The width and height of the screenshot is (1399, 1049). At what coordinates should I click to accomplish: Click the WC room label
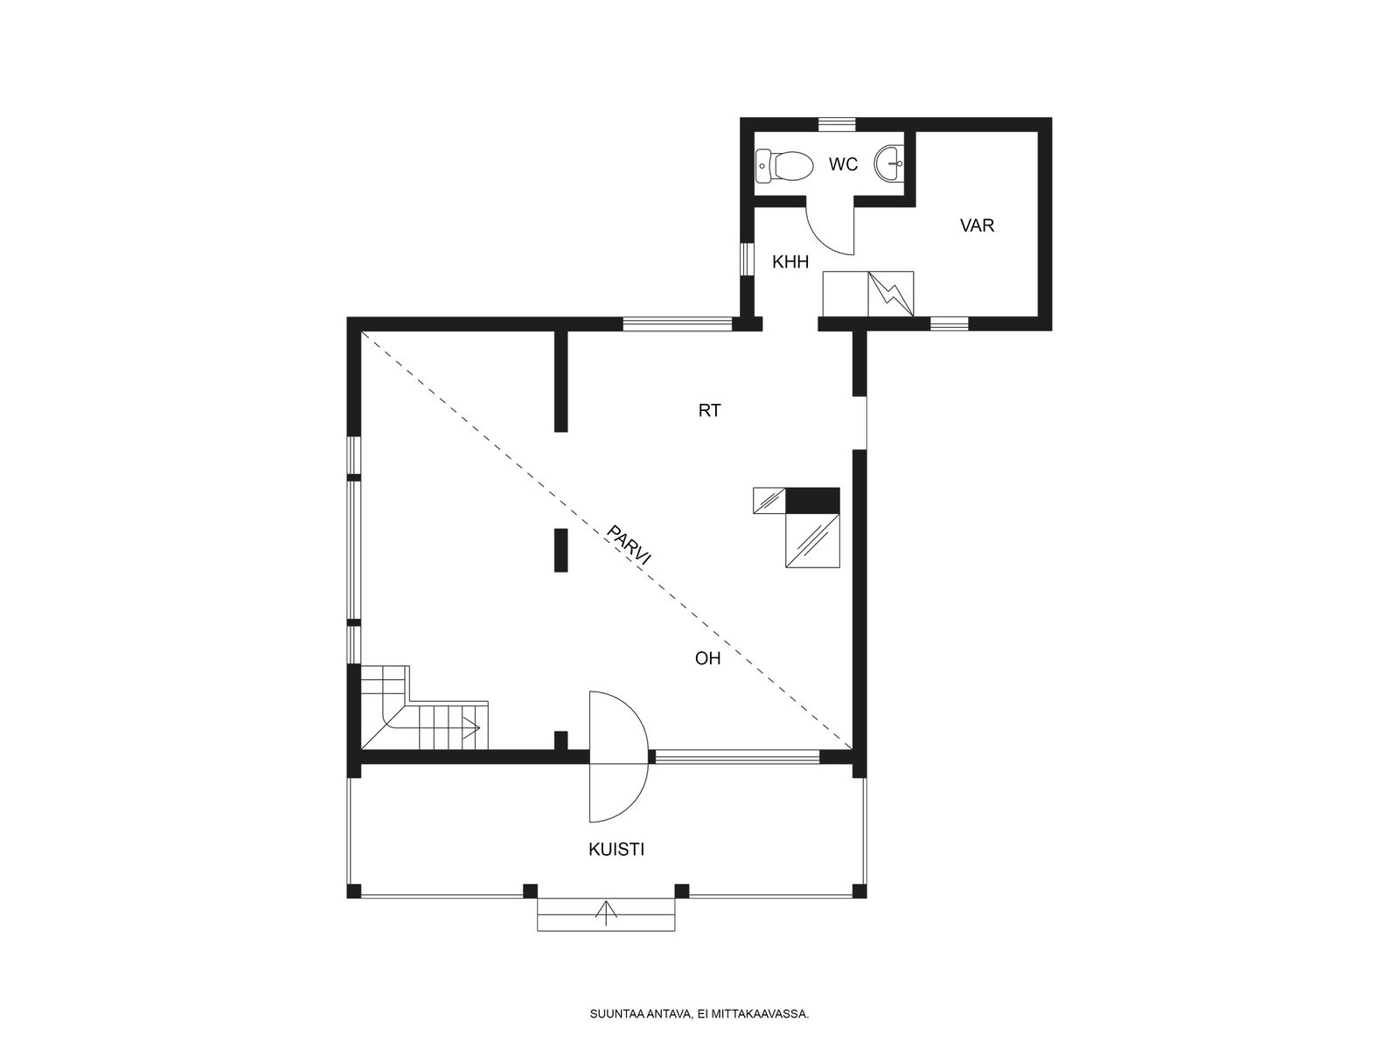[x=843, y=164]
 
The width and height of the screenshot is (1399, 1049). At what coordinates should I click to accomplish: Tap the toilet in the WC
[x=784, y=165]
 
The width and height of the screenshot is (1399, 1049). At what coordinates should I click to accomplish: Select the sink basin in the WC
[x=889, y=163]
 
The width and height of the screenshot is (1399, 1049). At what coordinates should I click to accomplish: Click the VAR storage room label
[x=977, y=225]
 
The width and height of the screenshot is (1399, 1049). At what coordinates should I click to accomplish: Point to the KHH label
[x=790, y=261]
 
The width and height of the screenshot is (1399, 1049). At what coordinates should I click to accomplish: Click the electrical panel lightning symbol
[x=890, y=294]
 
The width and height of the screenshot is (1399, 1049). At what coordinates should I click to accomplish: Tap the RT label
[x=709, y=411]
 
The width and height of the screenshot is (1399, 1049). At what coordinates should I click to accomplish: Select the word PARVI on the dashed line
[x=629, y=545]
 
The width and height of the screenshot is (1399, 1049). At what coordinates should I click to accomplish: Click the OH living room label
[x=707, y=658]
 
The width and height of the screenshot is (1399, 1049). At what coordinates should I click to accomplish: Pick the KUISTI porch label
[x=616, y=849]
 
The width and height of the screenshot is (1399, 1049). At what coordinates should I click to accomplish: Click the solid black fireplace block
[x=812, y=500]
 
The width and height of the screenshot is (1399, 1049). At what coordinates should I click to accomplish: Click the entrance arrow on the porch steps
[x=605, y=913]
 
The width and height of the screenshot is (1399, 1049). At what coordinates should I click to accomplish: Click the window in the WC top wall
[x=836, y=124]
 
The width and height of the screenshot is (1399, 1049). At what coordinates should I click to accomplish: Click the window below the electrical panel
[x=949, y=324]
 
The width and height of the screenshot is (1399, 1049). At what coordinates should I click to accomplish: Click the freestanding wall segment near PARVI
[x=560, y=551]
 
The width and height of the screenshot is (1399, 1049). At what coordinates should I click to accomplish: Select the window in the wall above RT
[x=678, y=324]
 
